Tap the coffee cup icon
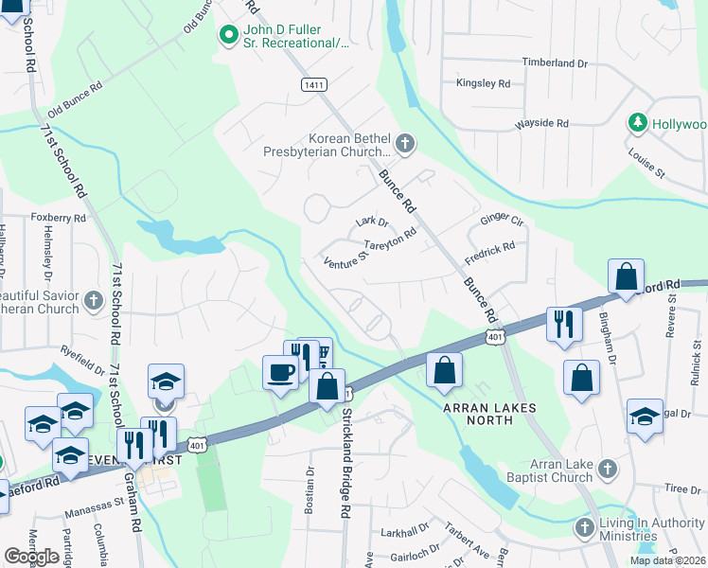(280, 371)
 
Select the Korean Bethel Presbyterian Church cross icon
(405, 144)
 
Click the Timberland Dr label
(555, 62)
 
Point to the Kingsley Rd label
(483, 83)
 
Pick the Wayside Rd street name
(541, 124)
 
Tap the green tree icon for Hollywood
(638, 124)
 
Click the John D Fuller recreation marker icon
(227, 36)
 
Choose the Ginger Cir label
(502, 220)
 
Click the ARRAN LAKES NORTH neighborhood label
(490, 408)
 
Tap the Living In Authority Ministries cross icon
(586, 526)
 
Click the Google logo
(31, 557)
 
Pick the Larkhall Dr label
(403, 533)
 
